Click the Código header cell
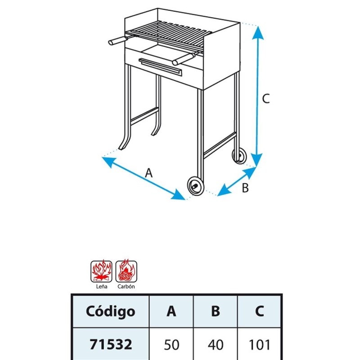110,311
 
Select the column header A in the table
171,311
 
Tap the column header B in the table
216,311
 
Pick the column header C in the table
259,311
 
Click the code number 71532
111,344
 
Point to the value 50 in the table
171,345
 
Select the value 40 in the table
216,345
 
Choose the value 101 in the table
260,345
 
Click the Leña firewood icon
101,271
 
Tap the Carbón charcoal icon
126,271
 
